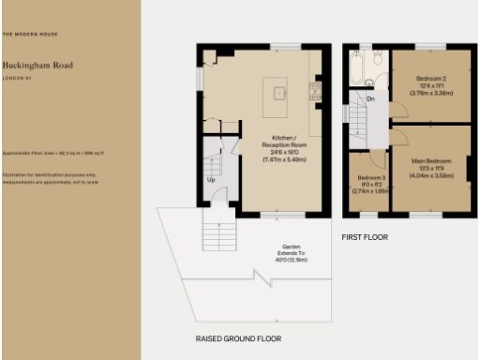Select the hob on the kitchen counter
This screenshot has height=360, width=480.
(315, 91)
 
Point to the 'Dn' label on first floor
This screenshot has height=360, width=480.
(371, 97)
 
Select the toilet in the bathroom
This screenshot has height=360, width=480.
(376, 59)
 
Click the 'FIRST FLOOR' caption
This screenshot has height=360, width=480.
(365, 237)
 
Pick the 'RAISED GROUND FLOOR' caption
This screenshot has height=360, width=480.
(238, 337)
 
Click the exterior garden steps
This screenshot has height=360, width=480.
(217, 232)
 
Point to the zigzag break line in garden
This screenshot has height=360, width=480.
(255, 276)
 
